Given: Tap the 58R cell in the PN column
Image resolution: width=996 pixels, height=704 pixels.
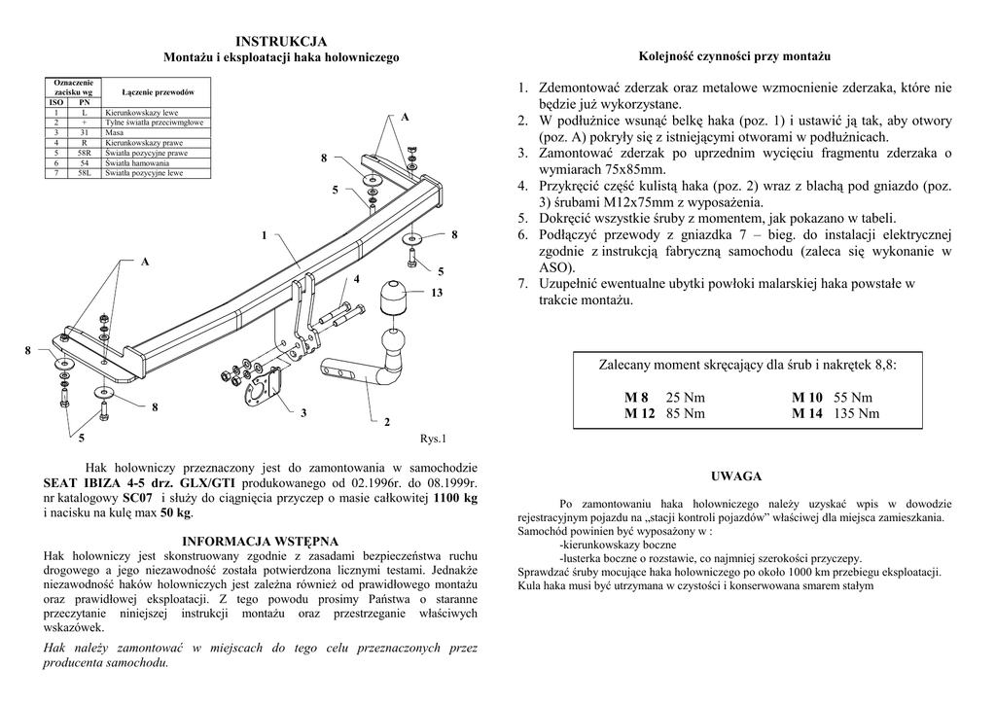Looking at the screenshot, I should click(x=84, y=153).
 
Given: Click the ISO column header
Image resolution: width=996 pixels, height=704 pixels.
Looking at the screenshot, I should click(x=56, y=102).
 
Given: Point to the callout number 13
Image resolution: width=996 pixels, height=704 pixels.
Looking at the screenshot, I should click(x=437, y=293).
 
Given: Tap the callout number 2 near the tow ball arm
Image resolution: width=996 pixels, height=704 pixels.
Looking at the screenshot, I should click(x=387, y=421).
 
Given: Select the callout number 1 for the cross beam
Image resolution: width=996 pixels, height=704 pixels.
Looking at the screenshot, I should click(x=264, y=235).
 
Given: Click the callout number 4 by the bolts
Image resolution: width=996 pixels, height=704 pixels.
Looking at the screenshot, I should click(x=357, y=279).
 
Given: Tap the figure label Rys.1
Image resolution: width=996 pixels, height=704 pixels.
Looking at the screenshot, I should click(x=432, y=439).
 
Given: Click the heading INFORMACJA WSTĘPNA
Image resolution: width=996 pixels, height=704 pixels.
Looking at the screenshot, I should click(x=261, y=541).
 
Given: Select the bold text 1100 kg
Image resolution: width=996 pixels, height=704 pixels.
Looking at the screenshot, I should click(x=454, y=498).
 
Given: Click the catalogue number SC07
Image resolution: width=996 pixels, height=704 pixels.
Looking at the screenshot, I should click(x=138, y=498).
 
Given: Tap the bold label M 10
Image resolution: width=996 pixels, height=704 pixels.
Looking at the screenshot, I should click(x=807, y=398).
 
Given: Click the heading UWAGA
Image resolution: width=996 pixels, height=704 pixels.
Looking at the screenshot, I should click(x=735, y=476).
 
